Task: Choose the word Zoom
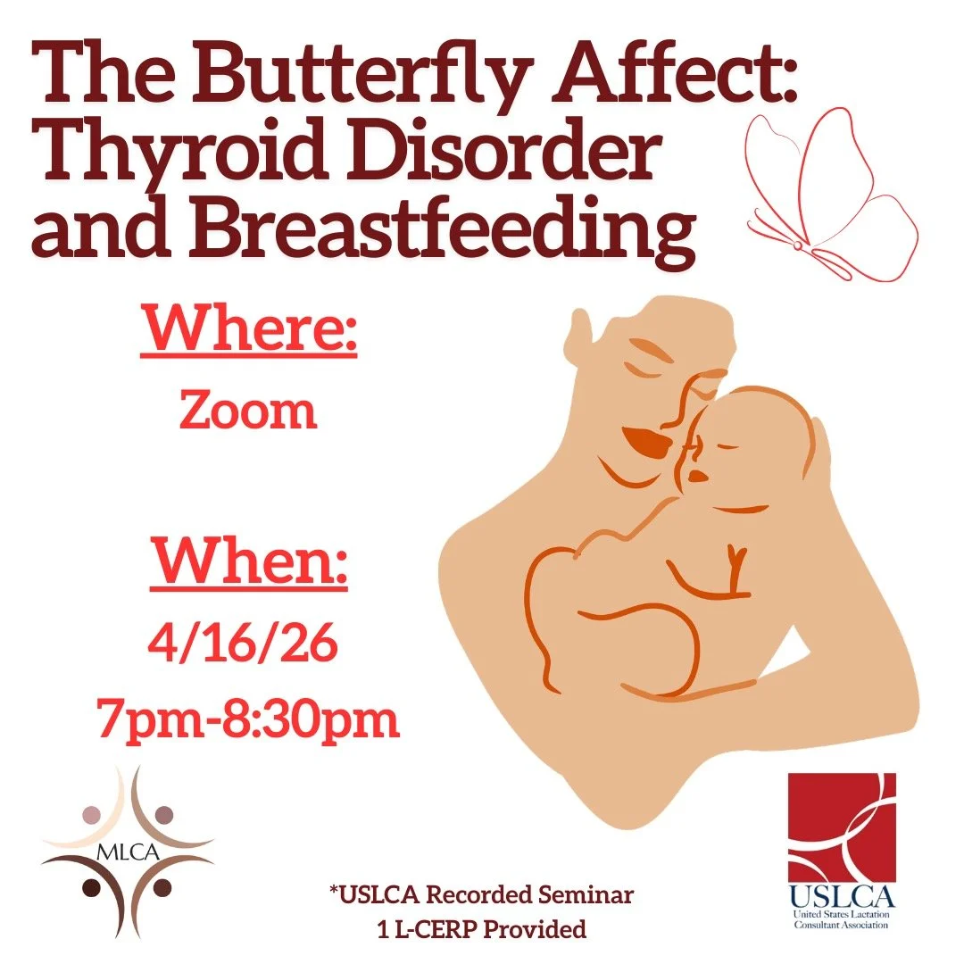pos(248,411)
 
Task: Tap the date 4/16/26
pos(248,644)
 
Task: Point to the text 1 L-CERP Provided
pos(482,929)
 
